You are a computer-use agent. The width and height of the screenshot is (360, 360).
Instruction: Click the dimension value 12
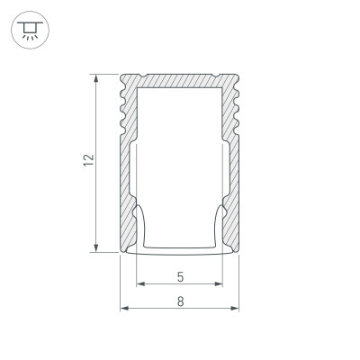click(87, 161)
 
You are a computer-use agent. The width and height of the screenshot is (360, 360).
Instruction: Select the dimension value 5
click(181, 276)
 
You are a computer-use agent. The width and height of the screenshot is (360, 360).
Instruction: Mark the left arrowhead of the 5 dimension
click(139, 286)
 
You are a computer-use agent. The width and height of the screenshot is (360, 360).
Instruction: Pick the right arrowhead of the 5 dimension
click(221, 286)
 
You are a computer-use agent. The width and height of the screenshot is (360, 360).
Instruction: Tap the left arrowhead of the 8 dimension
click(124, 310)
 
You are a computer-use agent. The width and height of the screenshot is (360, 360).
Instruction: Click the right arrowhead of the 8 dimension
click(238, 310)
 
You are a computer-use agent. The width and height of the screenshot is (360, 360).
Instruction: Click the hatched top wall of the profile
click(180, 80)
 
